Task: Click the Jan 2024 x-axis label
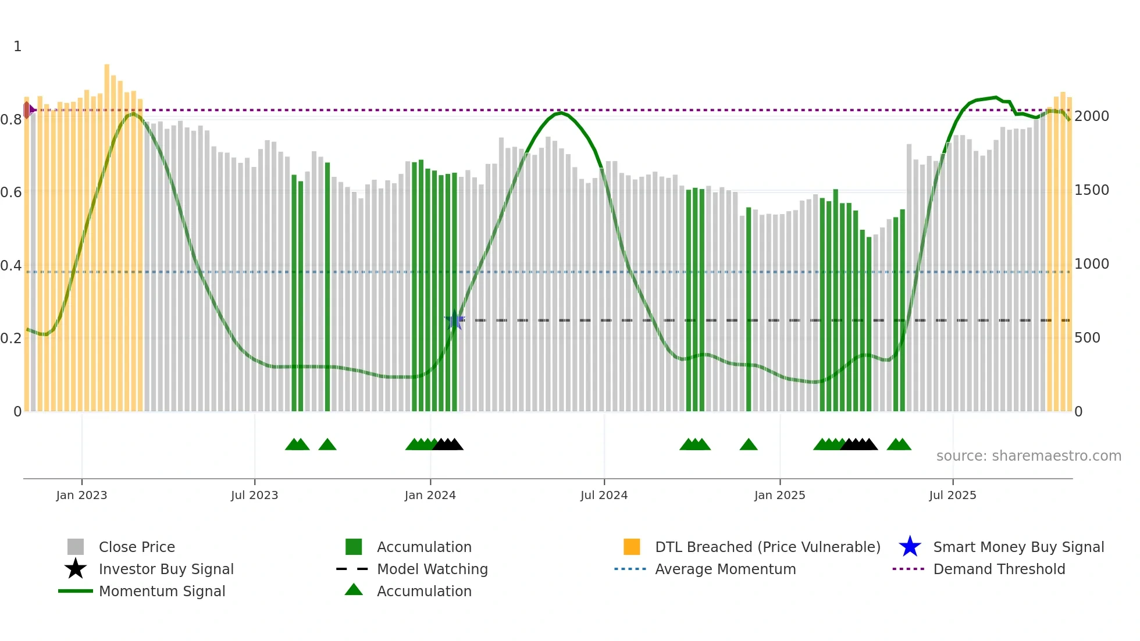(x=430, y=495)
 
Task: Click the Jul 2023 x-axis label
(x=254, y=495)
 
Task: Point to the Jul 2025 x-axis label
(x=952, y=495)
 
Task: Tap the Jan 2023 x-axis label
(x=81, y=495)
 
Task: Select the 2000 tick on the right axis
(x=1091, y=116)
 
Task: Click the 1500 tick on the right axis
(x=1091, y=190)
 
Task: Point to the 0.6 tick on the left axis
(x=10, y=192)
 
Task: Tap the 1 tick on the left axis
(x=17, y=46)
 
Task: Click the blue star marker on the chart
(x=454, y=319)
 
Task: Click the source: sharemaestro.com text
(x=1028, y=455)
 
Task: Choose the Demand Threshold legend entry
(x=999, y=569)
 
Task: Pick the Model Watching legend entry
(x=432, y=569)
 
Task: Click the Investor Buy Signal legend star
(x=76, y=569)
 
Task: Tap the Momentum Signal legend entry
(x=162, y=591)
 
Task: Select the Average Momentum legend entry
(x=725, y=569)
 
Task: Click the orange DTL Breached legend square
(x=632, y=547)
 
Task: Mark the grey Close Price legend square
(x=76, y=547)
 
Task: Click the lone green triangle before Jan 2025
(x=749, y=445)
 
